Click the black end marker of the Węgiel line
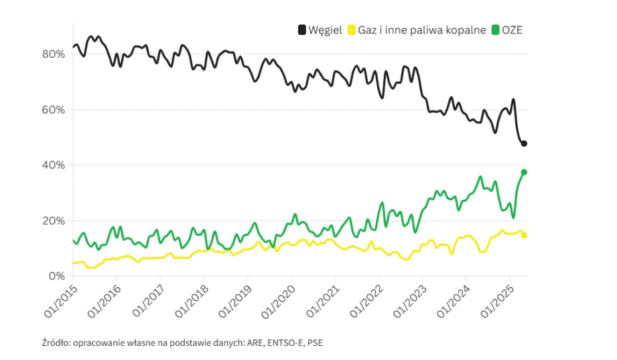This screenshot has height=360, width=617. pos(525,143)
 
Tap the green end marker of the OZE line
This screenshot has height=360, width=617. pos(524,172)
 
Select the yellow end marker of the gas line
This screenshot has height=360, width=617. pos(524,235)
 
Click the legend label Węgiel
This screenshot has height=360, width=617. pos(326,30)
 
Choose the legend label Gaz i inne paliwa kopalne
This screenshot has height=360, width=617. pos(423,30)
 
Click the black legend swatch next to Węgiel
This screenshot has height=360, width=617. pos(302,30)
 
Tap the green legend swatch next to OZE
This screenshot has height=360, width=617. pos(494,30)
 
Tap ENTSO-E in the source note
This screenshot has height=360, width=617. pos(273,343)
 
